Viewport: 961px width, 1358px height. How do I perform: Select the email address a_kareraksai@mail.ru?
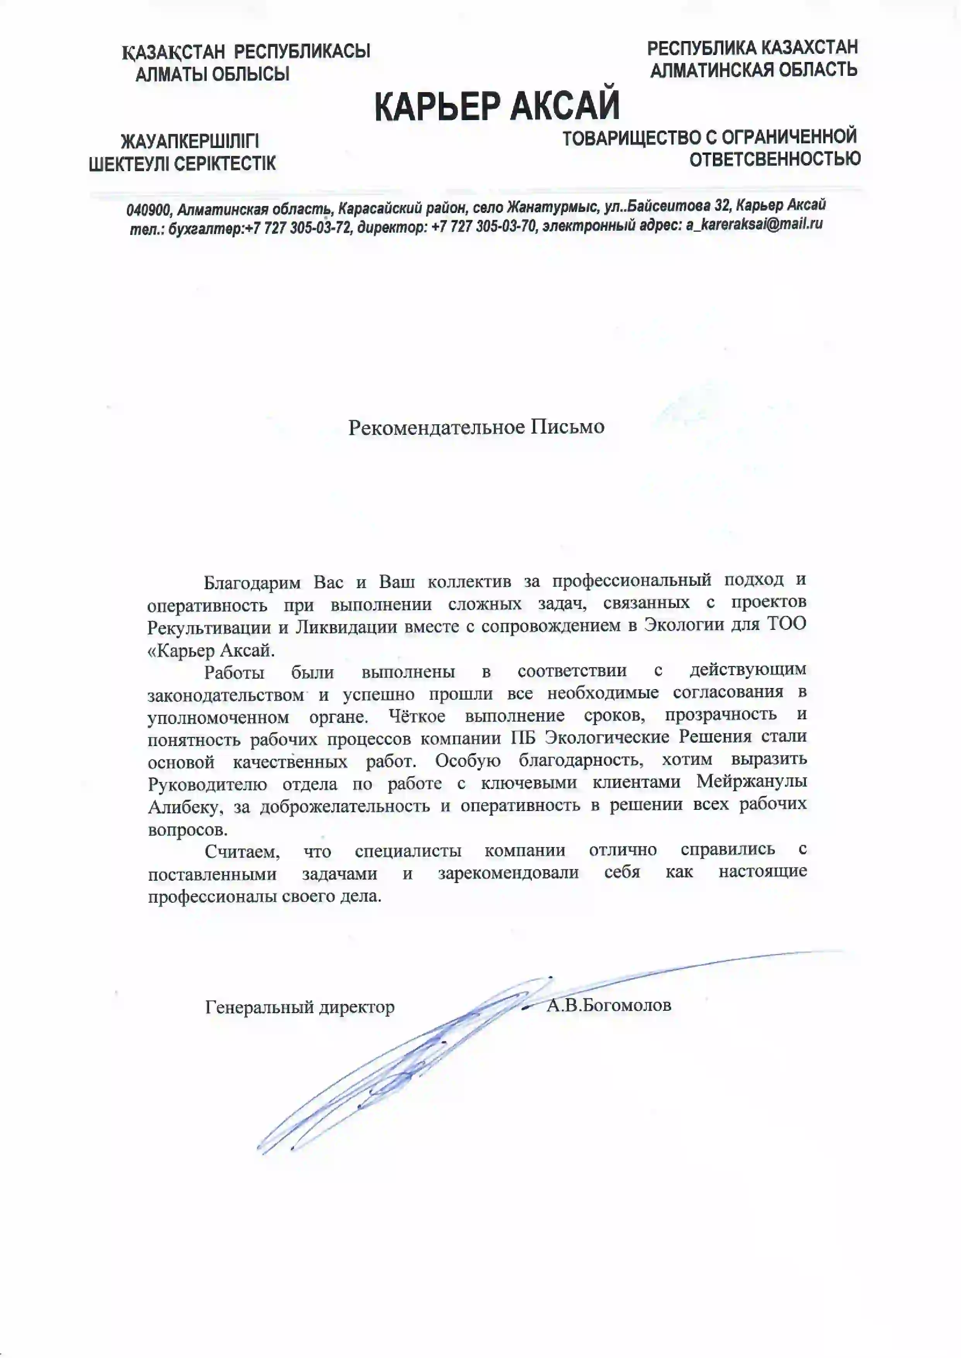click(x=754, y=224)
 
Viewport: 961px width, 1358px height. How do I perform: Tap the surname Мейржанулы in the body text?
click(x=751, y=782)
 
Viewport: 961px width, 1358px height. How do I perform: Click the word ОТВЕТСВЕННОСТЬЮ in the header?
click(x=774, y=159)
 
